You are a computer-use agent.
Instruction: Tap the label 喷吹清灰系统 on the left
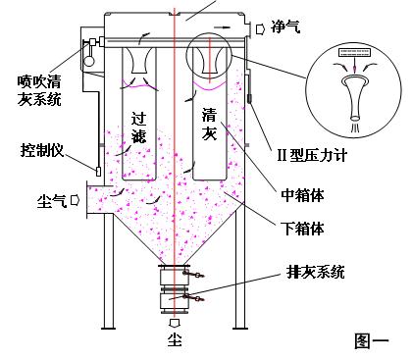38,89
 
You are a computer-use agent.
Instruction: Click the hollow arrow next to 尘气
76,202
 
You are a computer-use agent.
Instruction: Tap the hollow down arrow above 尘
174,324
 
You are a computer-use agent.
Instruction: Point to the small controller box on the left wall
96,171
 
